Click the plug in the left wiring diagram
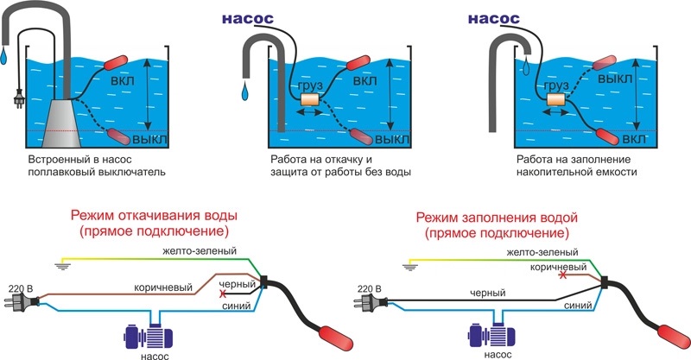[x=24, y=303]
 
